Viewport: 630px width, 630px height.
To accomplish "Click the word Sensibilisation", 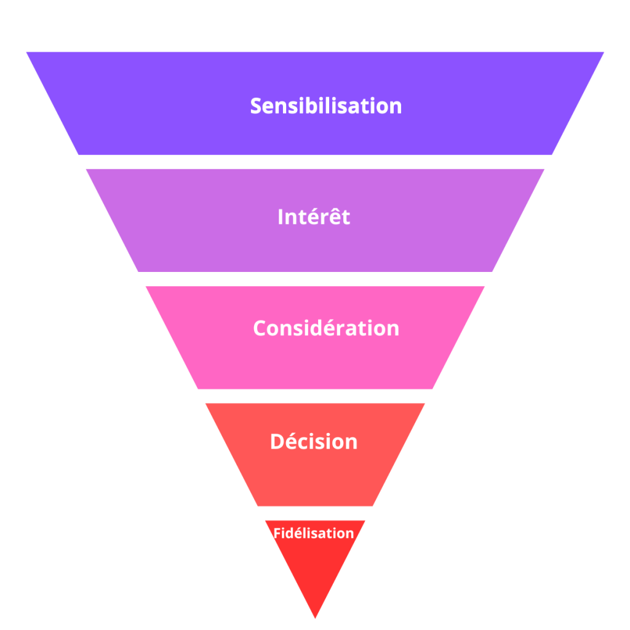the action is tap(326, 106).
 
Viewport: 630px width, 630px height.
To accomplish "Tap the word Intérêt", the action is tap(314, 216).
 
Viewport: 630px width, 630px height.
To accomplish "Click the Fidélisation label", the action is tap(313, 533).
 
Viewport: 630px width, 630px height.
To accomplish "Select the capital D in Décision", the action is tap(278, 442).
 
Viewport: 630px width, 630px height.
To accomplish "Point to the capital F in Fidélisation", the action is tap(276, 533).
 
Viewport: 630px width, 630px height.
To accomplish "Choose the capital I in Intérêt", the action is tap(281, 217).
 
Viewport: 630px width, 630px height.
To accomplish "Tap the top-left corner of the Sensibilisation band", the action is tap(26, 52).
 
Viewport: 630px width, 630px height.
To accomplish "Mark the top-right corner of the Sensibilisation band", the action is tap(604, 52).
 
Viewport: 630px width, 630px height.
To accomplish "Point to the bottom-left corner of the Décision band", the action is tap(258, 506).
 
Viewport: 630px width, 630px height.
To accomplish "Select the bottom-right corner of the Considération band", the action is tap(433, 389).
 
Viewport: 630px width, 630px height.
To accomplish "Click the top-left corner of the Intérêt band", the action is tap(86, 170).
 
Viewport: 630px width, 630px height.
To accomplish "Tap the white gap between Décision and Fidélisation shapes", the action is tap(315, 514).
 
